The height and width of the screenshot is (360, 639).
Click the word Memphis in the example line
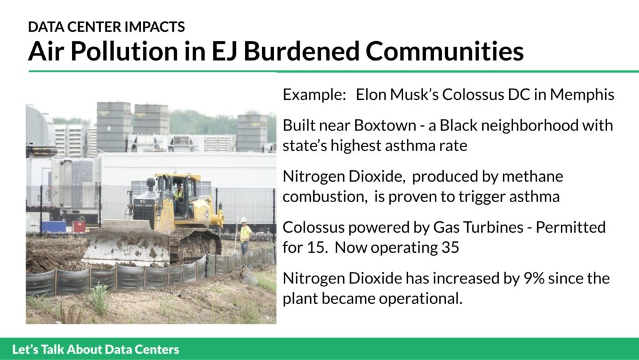coord(582,95)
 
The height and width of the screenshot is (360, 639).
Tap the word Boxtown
coord(384,125)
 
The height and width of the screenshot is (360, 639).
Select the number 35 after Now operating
coord(450,248)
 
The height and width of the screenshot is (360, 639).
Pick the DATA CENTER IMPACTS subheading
coord(106,27)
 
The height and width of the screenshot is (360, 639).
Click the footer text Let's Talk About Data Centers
coord(95,349)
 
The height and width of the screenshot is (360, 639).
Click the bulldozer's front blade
coord(127,245)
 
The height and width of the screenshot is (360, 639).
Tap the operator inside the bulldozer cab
coord(179,197)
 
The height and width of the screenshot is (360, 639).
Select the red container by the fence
coord(79,226)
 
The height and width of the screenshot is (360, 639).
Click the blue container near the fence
coord(54,226)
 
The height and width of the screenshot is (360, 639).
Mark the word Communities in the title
coord(444,51)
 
